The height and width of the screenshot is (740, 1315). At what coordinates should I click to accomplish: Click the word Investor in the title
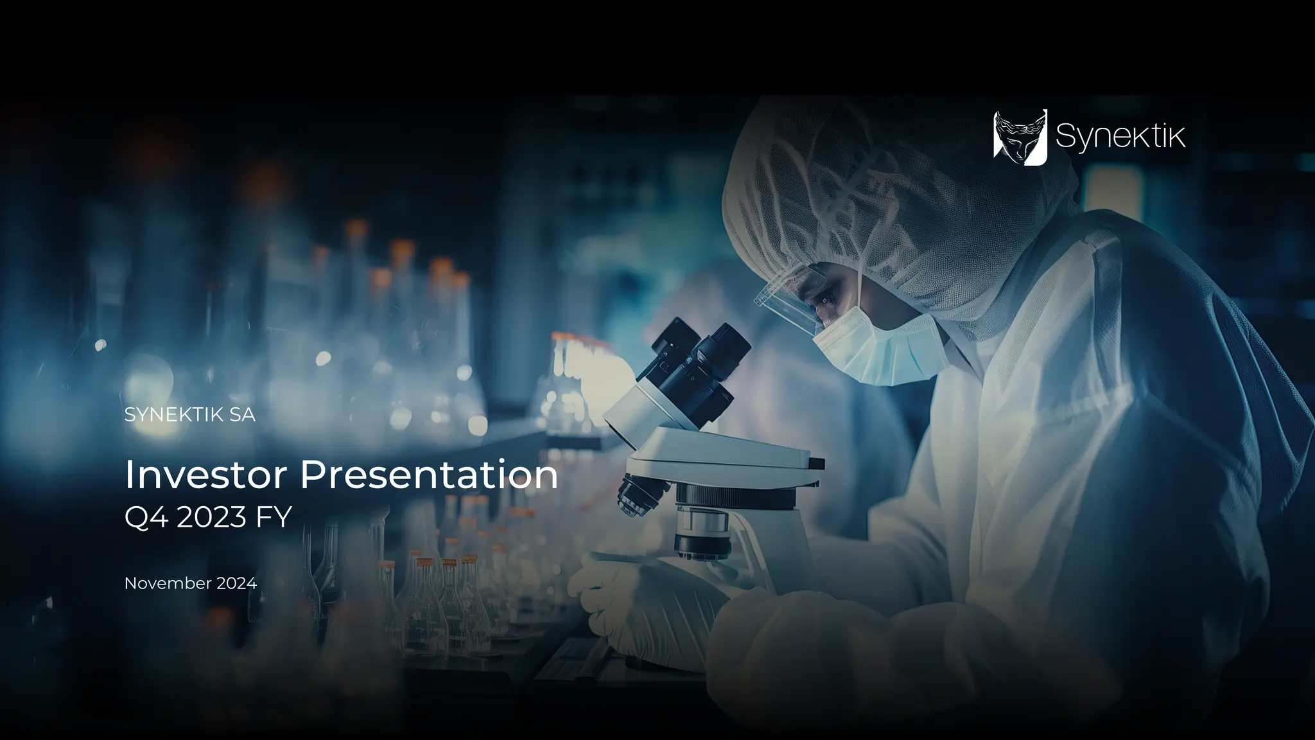(x=206, y=475)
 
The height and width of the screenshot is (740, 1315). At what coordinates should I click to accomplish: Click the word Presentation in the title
(x=429, y=475)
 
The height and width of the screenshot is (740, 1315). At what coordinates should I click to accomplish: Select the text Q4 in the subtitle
(x=146, y=517)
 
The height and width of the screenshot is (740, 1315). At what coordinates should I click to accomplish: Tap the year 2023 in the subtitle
(x=211, y=517)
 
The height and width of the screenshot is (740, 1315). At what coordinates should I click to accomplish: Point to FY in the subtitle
(x=274, y=517)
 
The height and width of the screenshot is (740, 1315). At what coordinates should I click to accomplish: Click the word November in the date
(x=168, y=583)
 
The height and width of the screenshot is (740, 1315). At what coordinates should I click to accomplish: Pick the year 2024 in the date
(x=236, y=583)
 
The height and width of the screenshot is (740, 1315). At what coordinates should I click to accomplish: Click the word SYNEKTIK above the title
(x=173, y=415)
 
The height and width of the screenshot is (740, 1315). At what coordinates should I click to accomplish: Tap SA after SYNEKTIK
(x=242, y=415)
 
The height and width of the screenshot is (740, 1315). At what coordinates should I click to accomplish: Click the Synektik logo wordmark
(x=1120, y=137)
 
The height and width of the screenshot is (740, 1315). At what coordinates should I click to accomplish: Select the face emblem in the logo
(x=1020, y=137)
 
